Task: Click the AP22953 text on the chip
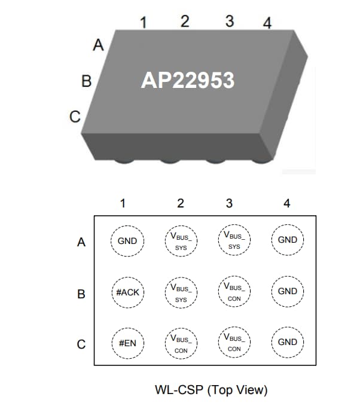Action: [187, 80]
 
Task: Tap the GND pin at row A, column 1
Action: [127, 241]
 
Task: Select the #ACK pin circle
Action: [127, 292]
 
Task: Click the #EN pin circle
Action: [127, 343]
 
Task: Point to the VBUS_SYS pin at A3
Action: [234, 240]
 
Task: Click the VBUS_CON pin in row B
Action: [234, 291]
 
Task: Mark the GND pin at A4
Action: [288, 240]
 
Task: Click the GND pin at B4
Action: [288, 292]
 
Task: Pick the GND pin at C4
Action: [288, 343]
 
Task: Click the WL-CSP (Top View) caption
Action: [210, 390]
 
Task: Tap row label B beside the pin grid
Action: [81, 294]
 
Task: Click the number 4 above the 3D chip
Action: [267, 23]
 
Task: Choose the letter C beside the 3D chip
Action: [75, 117]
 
